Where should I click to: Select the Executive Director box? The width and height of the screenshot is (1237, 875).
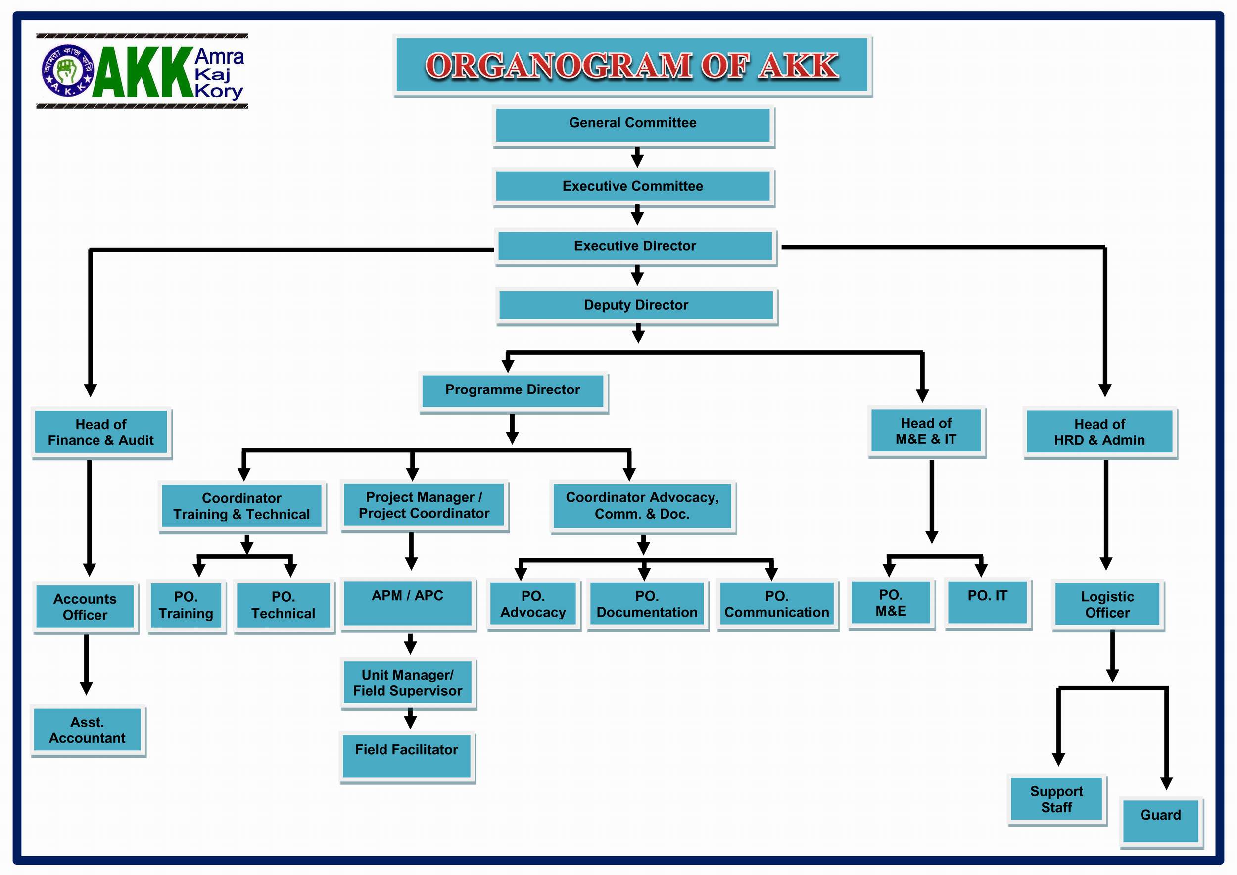click(x=635, y=246)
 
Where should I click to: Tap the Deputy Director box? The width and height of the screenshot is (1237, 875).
click(x=636, y=305)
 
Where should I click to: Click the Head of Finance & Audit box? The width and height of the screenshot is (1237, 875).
click(x=101, y=432)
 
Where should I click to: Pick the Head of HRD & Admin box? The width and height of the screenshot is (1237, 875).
click(x=1099, y=432)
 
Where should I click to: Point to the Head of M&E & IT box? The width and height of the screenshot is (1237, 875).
click(x=926, y=431)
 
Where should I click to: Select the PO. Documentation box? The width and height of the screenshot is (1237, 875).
click(x=647, y=604)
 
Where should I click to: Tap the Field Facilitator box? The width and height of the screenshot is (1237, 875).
click(x=407, y=755)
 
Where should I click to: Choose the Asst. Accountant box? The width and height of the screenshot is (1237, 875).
click(x=87, y=730)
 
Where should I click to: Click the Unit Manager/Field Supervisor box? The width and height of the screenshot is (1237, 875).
click(x=407, y=682)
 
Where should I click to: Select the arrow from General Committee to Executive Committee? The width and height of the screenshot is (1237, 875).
click(x=637, y=157)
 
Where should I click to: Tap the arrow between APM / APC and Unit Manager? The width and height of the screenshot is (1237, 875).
click(x=411, y=643)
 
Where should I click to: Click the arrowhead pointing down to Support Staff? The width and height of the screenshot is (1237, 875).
click(x=1058, y=759)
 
